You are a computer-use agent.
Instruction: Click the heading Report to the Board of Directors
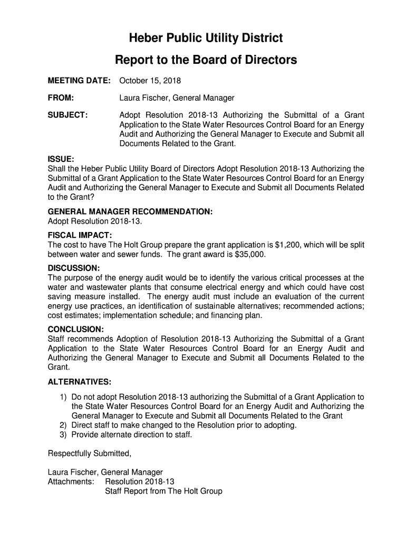click(206, 60)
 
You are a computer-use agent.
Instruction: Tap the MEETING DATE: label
click(79, 81)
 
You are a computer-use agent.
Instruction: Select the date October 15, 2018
click(150, 81)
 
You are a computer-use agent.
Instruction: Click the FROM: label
click(61, 98)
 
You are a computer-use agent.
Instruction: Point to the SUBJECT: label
click(67, 115)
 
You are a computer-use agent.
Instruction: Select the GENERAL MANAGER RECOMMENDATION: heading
click(130, 211)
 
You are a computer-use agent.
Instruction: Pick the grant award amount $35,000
click(250, 255)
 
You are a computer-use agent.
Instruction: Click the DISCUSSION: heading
click(74, 268)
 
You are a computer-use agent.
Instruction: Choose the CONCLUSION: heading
click(76, 329)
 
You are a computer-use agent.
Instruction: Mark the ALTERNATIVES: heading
click(80, 382)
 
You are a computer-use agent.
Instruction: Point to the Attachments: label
click(71, 481)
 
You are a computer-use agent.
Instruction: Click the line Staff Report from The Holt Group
click(163, 491)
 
